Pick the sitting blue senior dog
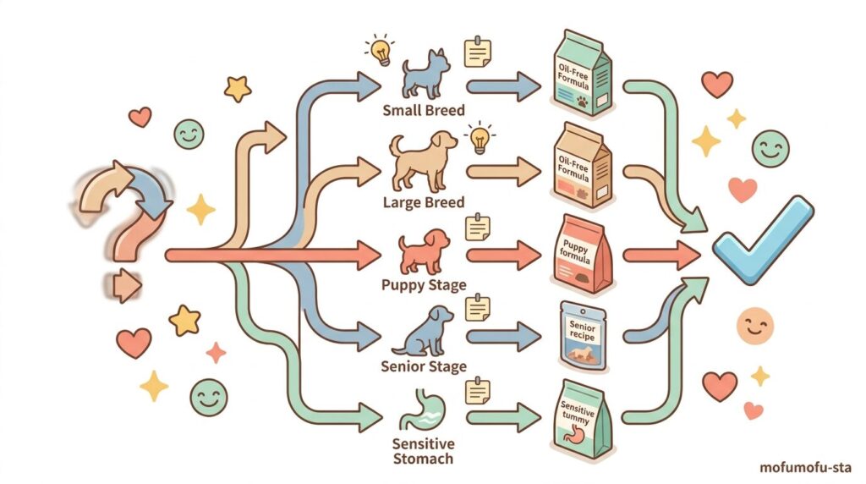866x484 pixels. click(x=422, y=331)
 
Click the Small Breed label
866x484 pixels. click(x=423, y=110)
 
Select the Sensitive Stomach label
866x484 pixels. click(x=422, y=452)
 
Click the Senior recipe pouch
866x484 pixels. click(x=581, y=336)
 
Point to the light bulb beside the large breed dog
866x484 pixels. click(x=480, y=137)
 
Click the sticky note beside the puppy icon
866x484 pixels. click(x=478, y=228)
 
